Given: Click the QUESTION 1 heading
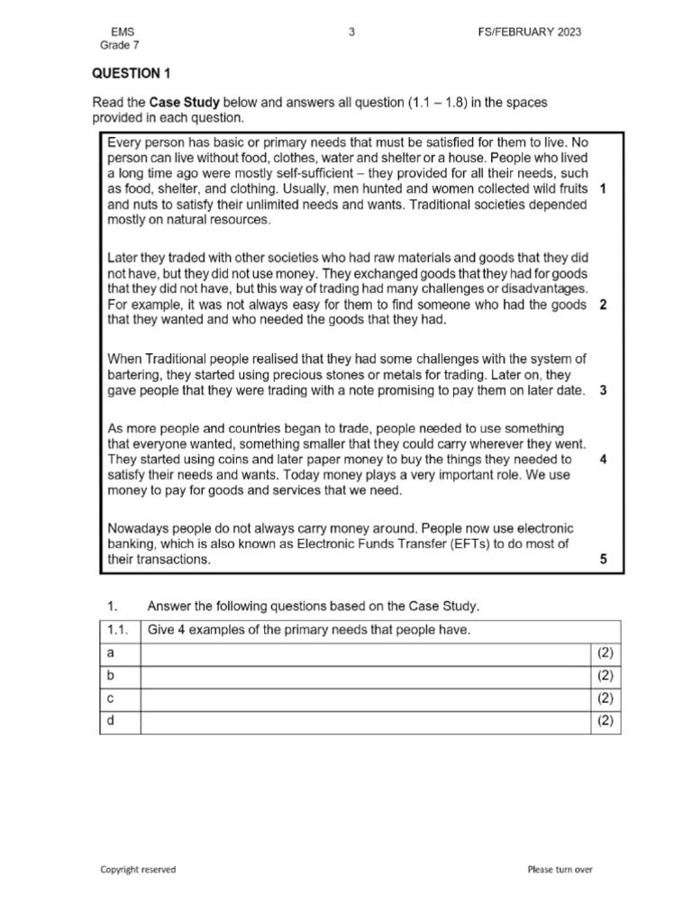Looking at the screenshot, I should coord(132,74).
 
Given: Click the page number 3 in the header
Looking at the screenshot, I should coord(351,32).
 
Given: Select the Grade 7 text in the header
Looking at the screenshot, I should coord(120,46).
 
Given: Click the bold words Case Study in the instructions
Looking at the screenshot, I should coord(186,103).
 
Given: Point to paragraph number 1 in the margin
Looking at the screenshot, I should coord(602,189).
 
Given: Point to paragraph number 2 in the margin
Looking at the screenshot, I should coord(602,305).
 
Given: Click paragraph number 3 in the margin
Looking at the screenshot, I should coord(602,390).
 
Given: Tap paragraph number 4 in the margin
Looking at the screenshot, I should coord(602,459).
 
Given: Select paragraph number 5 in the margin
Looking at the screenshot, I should coord(604,560).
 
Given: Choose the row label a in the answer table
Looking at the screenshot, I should coord(110,653).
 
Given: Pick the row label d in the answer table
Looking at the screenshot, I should coord(110,720).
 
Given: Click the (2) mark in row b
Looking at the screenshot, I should coord(605,675).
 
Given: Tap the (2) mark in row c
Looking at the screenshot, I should coord(605,698).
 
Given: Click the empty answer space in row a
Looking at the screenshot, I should coord(365,653).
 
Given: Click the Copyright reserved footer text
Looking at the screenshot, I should coord(138,870).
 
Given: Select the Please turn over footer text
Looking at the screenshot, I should coord(560,870).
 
